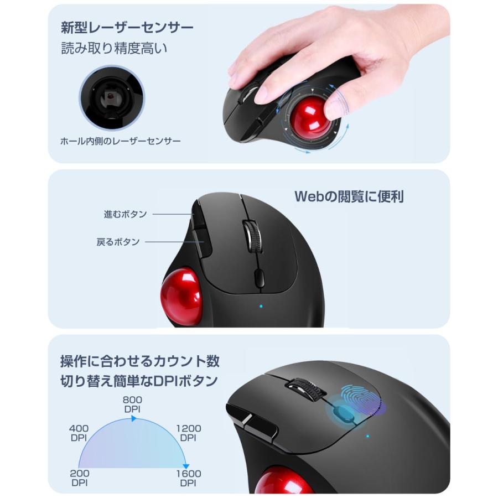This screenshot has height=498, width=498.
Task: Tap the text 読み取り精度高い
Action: (114, 48)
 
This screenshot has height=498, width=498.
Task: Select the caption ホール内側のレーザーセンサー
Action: (120, 142)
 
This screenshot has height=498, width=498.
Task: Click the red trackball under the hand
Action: (309, 117)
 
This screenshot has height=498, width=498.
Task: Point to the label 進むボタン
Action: (125, 214)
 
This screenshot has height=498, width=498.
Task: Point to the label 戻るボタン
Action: (118, 242)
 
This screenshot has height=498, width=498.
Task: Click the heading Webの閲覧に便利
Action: (349, 196)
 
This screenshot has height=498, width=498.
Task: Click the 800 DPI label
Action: (132, 403)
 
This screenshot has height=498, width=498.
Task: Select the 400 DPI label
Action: (79, 433)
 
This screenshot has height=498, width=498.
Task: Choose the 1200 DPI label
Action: (188, 433)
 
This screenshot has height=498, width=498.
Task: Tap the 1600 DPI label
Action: (188, 478)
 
